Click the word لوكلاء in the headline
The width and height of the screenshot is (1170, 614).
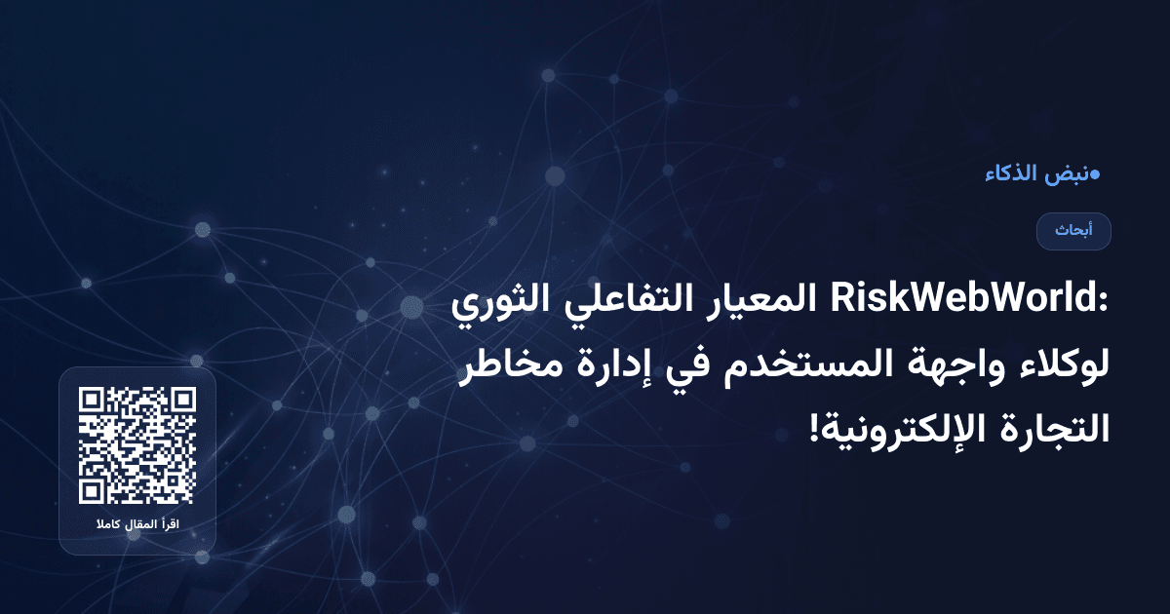click(x=1058, y=368)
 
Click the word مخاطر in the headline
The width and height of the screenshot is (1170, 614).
click(x=512, y=368)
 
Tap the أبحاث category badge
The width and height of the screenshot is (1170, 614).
click(x=1073, y=231)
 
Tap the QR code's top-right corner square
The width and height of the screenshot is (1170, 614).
click(x=182, y=401)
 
